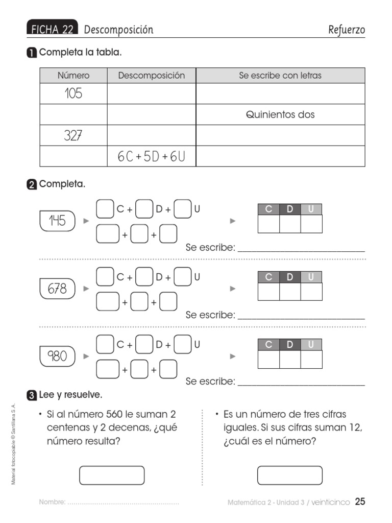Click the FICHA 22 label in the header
point(53,30)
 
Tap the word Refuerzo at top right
point(347,30)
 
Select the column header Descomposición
point(152,76)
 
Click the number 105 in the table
point(73,94)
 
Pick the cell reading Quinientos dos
point(280,115)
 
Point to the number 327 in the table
point(73,136)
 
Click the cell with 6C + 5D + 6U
point(151,157)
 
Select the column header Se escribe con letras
point(280,76)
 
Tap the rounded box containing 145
point(57,221)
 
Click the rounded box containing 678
point(57,289)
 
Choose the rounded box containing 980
point(57,356)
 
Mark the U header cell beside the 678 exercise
point(311,277)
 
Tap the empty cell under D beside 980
point(290,360)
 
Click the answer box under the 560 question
point(112,475)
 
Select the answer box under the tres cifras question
point(289,475)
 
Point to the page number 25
point(360,502)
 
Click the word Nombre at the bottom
point(52,503)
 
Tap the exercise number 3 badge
point(32,395)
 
